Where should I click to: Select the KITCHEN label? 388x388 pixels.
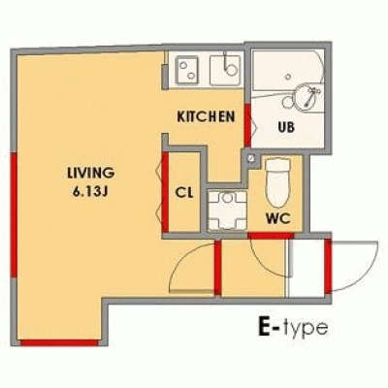[207, 117]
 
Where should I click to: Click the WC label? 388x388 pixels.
[280, 217]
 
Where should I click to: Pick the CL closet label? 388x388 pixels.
[183, 192]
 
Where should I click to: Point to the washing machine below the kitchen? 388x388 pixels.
[229, 208]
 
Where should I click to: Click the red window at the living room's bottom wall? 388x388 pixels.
[58, 341]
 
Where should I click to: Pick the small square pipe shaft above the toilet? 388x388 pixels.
[251, 158]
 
